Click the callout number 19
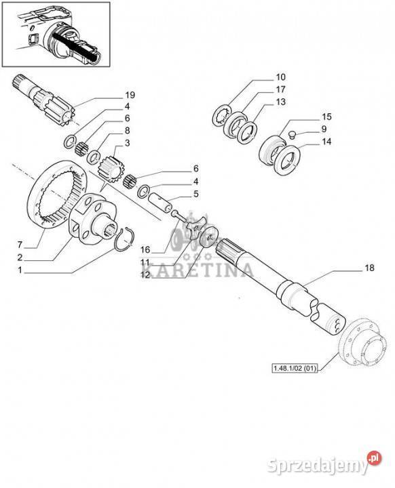[x=130, y=95]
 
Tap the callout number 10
[x=280, y=77]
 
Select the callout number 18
[x=369, y=268]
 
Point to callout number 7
[x=20, y=245]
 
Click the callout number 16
[x=145, y=249]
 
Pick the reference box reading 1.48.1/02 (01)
[x=295, y=368]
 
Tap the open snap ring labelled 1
[x=124, y=239]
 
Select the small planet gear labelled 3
[x=111, y=170]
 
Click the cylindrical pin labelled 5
[x=159, y=202]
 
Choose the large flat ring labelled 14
[x=287, y=160]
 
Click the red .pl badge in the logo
[x=375, y=458]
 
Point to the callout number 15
[x=326, y=117]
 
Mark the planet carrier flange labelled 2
[x=94, y=218]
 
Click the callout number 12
[x=145, y=274]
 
